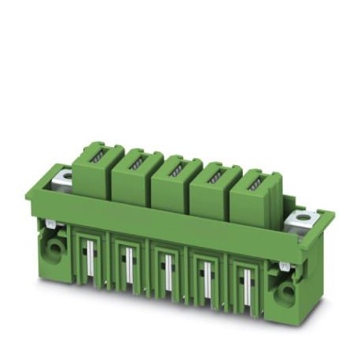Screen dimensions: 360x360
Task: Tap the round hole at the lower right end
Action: (285, 295)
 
